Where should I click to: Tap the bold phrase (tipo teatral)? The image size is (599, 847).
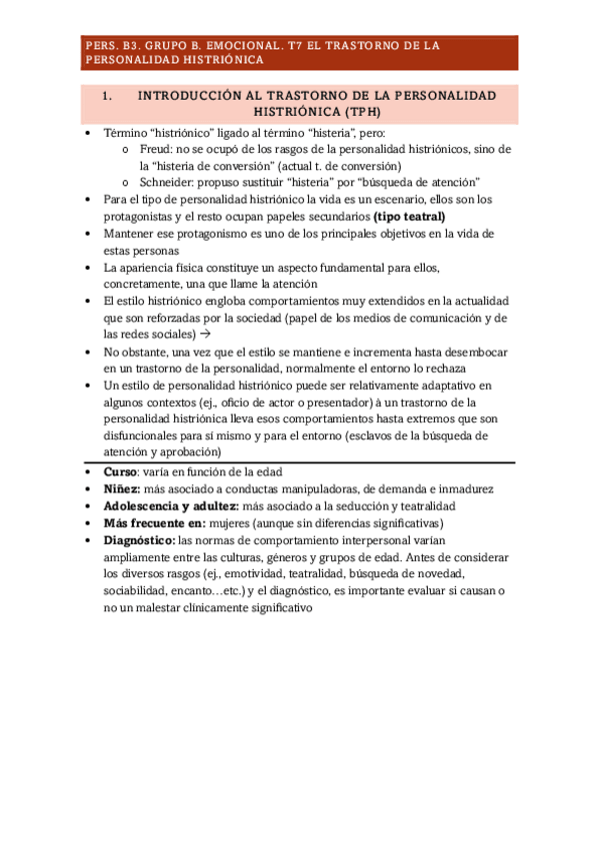tap(409, 216)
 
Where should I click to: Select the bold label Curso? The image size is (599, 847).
tap(122, 471)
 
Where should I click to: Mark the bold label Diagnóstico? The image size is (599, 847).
tap(139, 540)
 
